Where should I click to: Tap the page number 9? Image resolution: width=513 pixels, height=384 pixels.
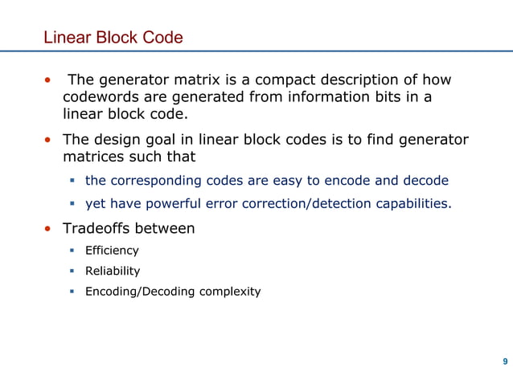pos(504,361)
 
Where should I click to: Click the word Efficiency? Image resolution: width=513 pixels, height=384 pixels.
pos(112,251)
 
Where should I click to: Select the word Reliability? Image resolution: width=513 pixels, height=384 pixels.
pos(113,271)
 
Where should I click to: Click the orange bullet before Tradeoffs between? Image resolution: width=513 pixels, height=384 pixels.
pos(48,229)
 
